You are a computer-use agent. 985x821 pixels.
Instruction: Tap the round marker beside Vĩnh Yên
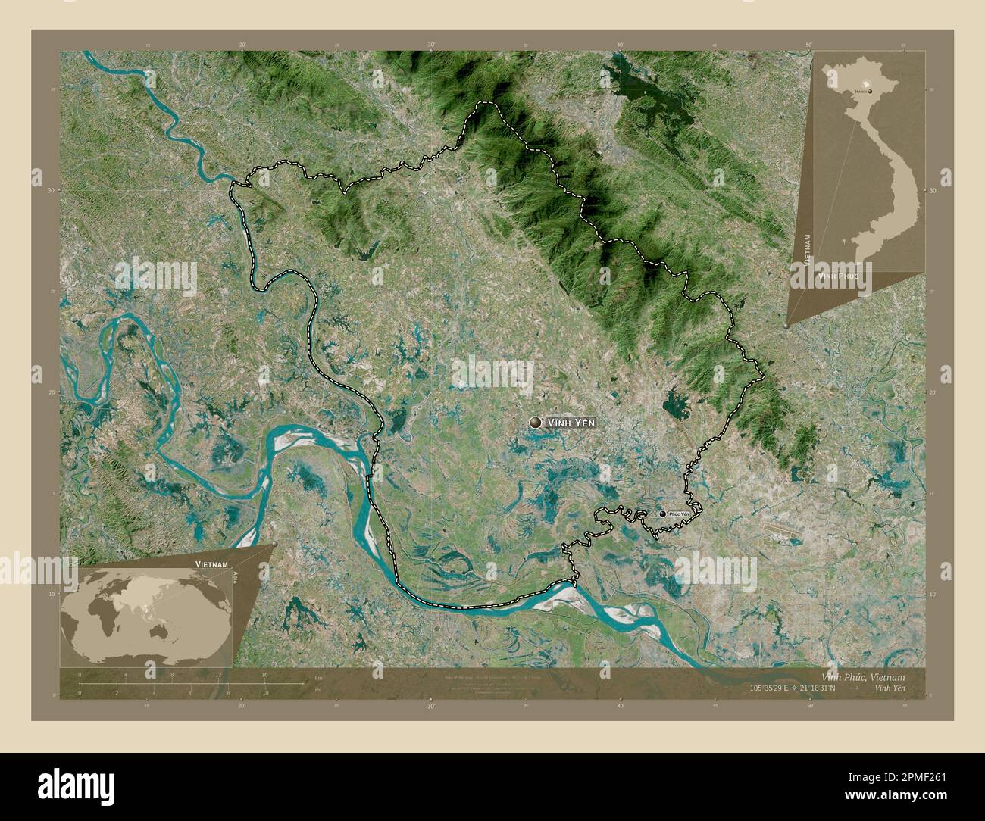537,423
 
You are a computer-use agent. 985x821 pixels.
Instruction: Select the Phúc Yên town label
679,514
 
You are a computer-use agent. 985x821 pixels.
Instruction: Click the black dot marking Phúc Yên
663,514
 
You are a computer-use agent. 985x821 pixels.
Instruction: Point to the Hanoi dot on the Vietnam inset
870,91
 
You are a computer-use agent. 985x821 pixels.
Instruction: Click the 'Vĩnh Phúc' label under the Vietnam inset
838,278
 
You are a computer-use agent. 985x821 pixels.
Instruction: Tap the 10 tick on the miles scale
264,692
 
